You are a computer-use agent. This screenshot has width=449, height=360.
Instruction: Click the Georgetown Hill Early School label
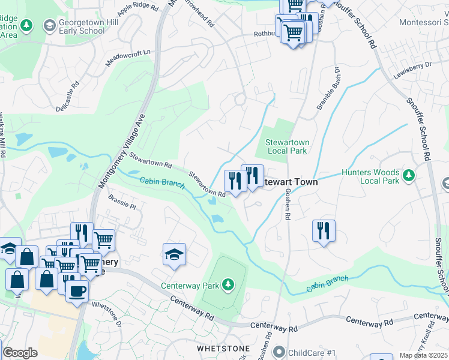click(74, 26)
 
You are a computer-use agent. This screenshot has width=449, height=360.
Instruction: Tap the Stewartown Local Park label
click(287, 146)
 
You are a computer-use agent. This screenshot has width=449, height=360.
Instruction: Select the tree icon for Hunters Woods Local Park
click(409, 175)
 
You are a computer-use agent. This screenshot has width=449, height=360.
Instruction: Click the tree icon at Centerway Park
click(228, 284)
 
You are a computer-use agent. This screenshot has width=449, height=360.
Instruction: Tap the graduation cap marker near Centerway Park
click(175, 254)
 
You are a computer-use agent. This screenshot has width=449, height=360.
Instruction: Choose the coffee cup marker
click(77, 292)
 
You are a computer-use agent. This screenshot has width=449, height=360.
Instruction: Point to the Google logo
click(19, 353)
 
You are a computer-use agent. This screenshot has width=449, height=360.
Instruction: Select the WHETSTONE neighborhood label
click(220, 348)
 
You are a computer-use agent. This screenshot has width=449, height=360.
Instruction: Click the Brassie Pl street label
click(122, 201)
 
